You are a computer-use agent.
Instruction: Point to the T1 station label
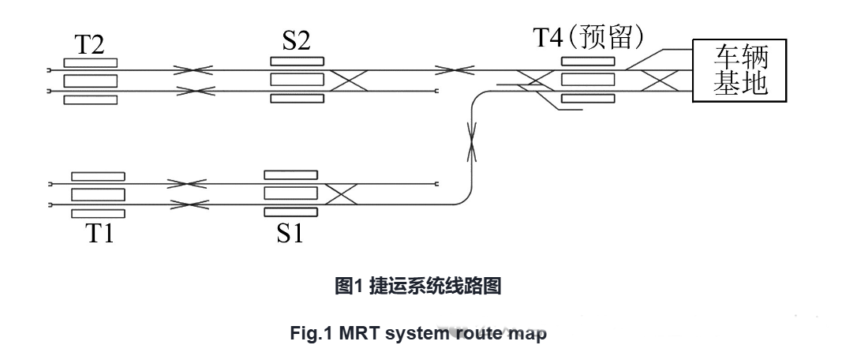(x=99, y=234)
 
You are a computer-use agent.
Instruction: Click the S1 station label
(x=290, y=234)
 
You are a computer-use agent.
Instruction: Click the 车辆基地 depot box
(x=740, y=70)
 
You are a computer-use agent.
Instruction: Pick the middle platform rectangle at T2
(x=90, y=81)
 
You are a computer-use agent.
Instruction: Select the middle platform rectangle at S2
(x=297, y=80)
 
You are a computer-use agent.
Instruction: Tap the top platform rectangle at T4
(x=588, y=61)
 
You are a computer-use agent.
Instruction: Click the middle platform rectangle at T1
(x=98, y=194)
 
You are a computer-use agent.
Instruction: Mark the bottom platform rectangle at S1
(x=290, y=212)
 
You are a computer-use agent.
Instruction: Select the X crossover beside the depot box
(x=661, y=81)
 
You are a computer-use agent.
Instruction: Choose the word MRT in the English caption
(x=360, y=332)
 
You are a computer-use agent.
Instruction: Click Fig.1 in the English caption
(x=312, y=332)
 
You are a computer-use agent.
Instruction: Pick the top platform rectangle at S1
(x=290, y=174)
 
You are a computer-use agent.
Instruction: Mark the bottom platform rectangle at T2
(x=90, y=99)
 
